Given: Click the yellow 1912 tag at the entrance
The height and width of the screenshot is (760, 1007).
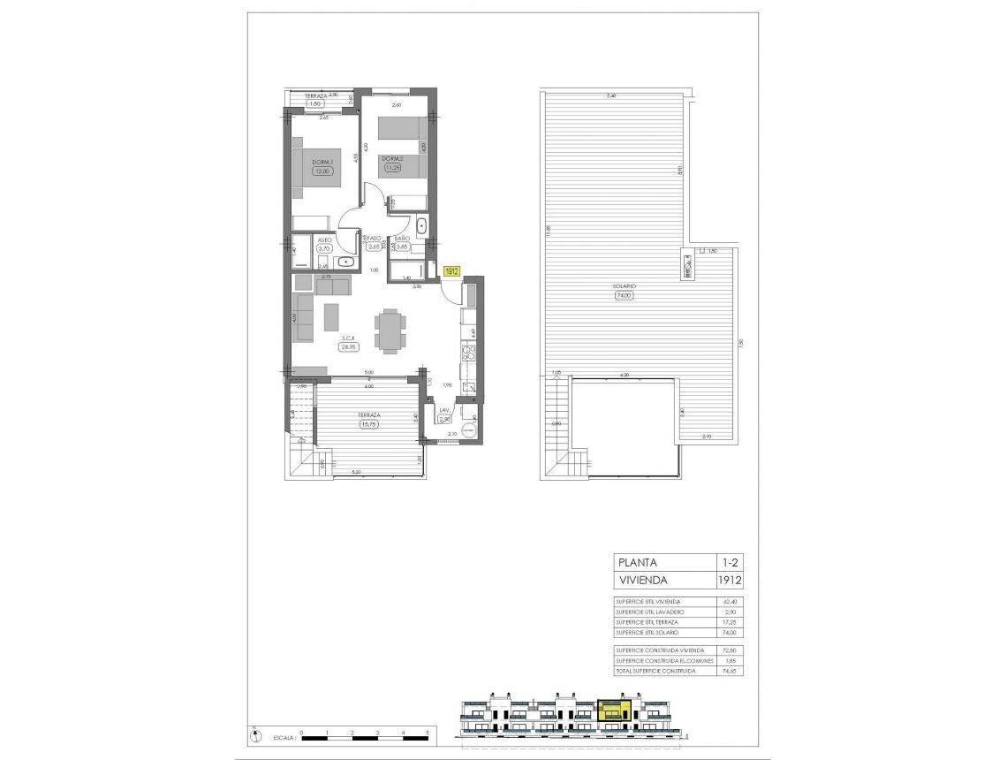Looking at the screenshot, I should [451, 272].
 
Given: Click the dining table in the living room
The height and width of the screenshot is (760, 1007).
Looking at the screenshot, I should [390, 330].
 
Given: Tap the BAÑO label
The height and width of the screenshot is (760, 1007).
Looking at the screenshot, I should [401, 239].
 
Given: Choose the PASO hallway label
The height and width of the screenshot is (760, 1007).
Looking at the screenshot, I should [374, 239].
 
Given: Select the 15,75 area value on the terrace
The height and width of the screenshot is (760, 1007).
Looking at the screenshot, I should [369, 424].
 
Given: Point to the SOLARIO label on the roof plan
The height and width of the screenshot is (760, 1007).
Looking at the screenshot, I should [626, 287].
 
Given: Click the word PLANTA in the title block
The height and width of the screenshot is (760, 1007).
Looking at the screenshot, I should [639, 562].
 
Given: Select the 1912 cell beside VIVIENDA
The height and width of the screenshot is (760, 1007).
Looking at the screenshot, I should [729, 581].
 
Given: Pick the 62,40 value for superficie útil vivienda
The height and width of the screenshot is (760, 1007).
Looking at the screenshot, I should [729, 601].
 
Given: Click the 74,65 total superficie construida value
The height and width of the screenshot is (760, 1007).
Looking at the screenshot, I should [729, 672].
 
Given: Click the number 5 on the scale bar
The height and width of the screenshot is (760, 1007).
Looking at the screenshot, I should [428, 733].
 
